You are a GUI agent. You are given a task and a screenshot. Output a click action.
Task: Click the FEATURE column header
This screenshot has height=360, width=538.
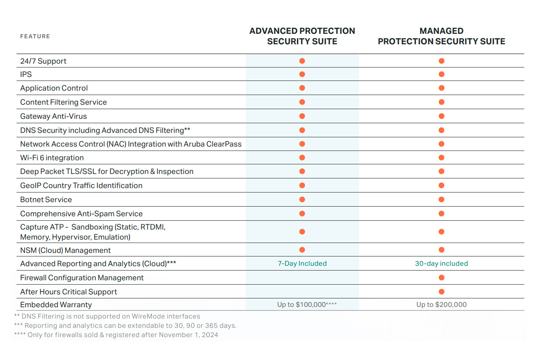pyautogui.click(x=35, y=36)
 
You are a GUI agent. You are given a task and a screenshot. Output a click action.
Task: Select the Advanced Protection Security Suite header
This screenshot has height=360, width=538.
pyautogui.click(x=302, y=36)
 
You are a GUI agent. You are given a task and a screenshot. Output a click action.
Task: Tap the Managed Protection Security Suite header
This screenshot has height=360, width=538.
pyautogui.click(x=441, y=36)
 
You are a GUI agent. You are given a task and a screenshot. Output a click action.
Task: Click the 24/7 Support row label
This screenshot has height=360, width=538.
pyautogui.click(x=43, y=61)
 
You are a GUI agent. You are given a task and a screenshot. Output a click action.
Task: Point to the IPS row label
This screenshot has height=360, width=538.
pyautogui.click(x=26, y=74)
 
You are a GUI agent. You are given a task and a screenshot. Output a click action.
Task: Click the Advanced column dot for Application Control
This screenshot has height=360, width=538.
pyautogui.click(x=302, y=88)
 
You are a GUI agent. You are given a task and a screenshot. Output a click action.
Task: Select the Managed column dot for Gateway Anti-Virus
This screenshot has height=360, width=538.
pyautogui.click(x=441, y=116)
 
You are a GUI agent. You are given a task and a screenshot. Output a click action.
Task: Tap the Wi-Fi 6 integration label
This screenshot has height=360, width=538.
pyautogui.click(x=52, y=158)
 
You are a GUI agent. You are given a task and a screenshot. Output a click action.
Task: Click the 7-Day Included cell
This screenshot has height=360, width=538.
pyautogui.click(x=302, y=264)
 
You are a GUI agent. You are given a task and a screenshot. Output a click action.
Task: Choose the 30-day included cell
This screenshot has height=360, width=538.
pyautogui.click(x=441, y=264)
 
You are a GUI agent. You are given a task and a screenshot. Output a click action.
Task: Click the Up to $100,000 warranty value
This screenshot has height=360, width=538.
pyautogui.click(x=307, y=305)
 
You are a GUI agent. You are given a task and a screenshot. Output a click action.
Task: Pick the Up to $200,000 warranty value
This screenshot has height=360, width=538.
pyautogui.click(x=441, y=305)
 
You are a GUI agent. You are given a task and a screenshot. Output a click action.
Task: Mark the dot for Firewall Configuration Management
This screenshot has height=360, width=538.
pyautogui.click(x=441, y=277)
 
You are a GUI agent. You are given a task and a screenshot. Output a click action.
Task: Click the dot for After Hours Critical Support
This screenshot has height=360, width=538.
pyautogui.click(x=441, y=292)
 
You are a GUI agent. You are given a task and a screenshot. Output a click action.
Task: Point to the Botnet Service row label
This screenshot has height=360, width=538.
pyautogui.click(x=46, y=200)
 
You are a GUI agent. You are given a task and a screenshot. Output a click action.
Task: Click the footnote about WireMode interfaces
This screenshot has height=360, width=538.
pyautogui.click(x=107, y=317)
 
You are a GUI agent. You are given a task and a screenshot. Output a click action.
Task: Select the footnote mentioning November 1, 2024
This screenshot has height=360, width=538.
pyautogui.click(x=116, y=335)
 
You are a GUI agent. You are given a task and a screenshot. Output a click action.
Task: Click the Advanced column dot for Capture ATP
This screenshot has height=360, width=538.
pyautogui.click(x=302, y=232)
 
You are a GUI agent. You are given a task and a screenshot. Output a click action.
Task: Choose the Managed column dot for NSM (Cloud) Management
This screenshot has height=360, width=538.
pyautogui.click(x=441, y=250)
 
